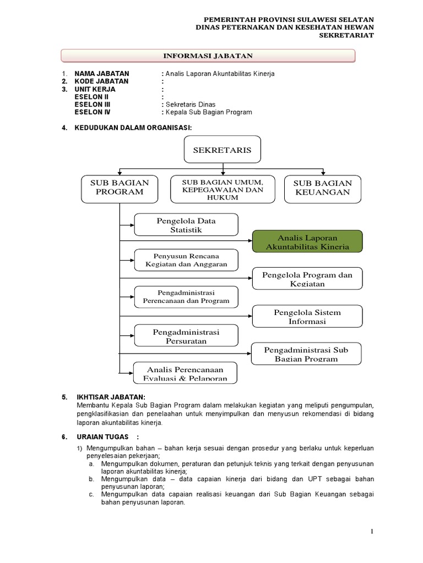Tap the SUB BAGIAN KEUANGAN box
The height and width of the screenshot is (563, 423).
pos(322,187)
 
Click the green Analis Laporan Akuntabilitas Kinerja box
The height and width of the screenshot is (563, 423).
pos(307,241)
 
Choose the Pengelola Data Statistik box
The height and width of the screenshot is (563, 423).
pos(186,225)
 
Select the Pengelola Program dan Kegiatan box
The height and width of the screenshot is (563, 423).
pos(307,278)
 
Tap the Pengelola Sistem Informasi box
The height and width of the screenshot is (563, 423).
pos(307,316)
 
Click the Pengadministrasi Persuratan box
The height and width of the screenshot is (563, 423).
pos(186,336)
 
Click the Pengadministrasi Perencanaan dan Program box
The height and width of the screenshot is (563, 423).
pos(186,297)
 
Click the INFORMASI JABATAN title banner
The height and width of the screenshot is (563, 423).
pos(208,56)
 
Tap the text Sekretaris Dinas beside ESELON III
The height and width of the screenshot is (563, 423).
pos(190,104)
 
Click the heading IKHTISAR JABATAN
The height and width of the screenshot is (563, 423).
pos(110,397)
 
